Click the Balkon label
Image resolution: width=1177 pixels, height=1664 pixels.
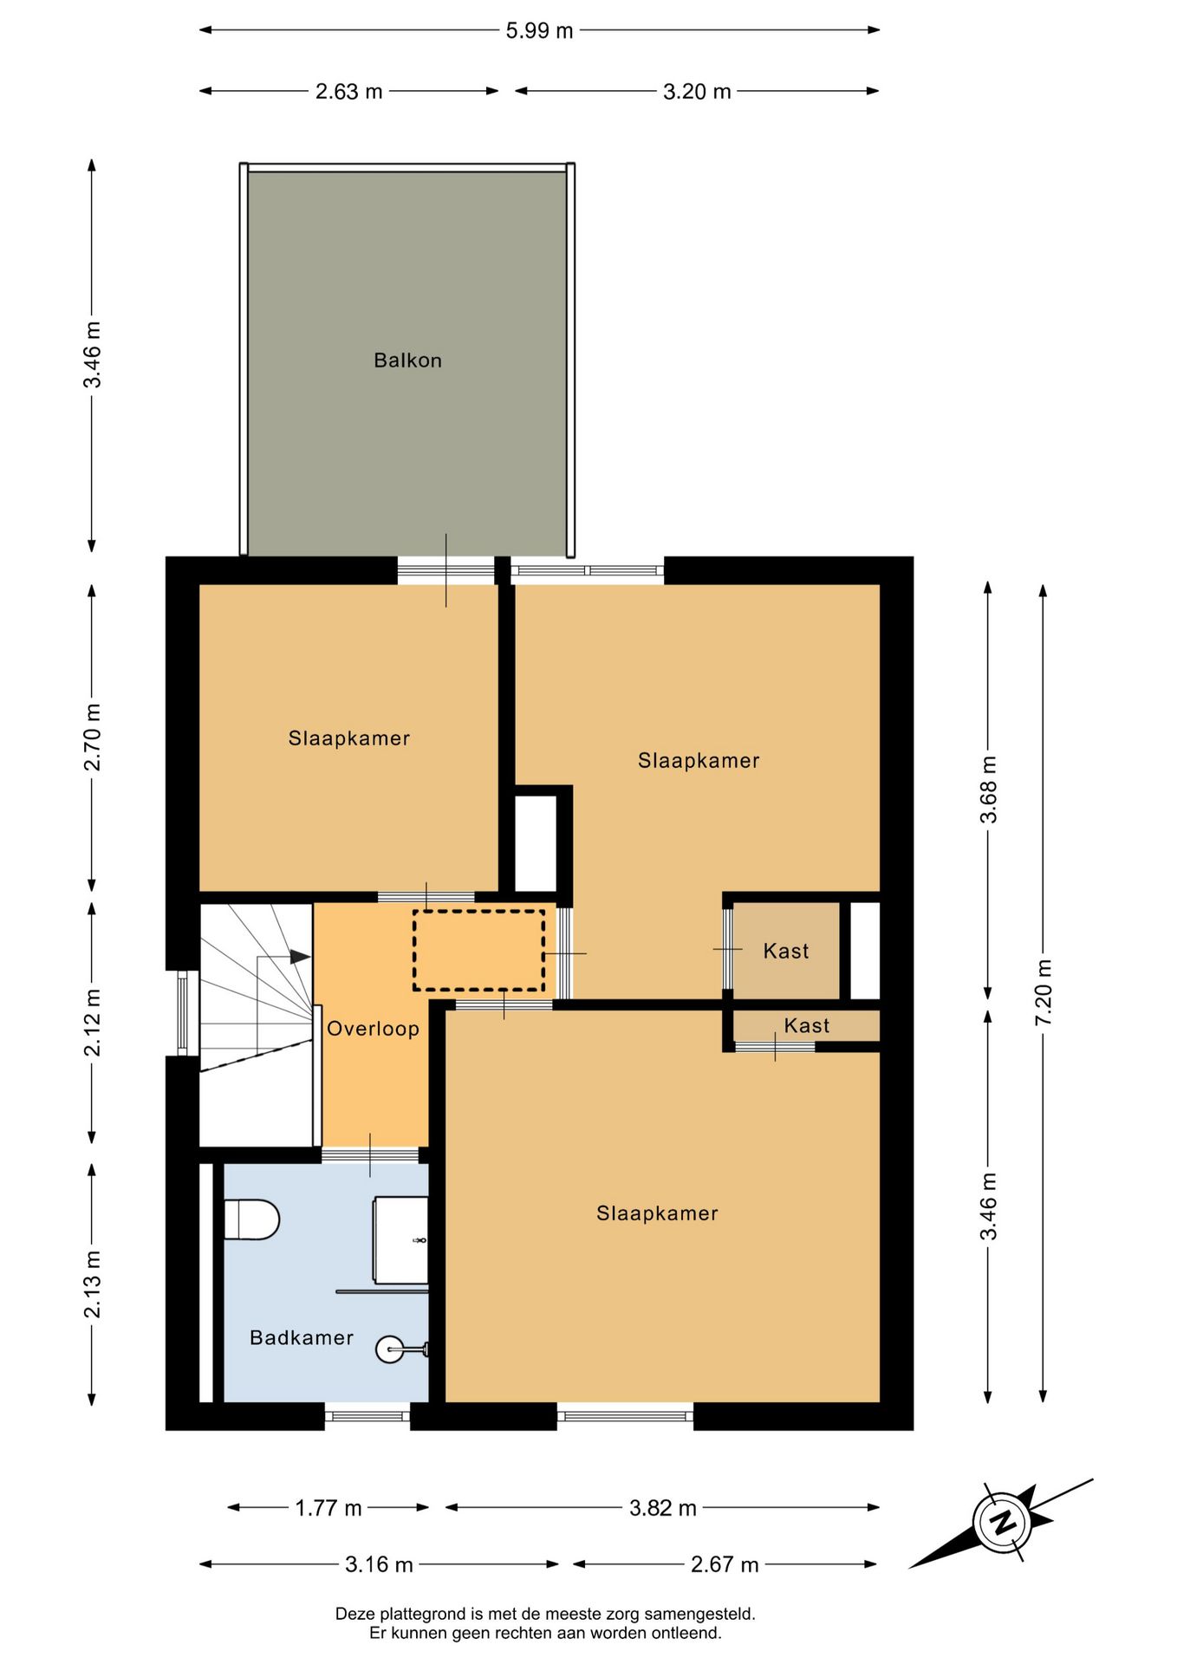tap(407, 361)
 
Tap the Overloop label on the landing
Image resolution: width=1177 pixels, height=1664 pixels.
tap(373, 1029)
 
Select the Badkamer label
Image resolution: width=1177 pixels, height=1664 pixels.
tap(302, 1337)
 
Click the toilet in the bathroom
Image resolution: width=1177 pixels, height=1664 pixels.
tap(251, 1219)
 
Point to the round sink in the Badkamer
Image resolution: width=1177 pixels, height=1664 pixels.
tap(391, 1349)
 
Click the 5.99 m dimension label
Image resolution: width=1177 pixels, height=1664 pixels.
tap(539, 30)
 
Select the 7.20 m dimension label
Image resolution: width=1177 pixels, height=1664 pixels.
tap(1044, 993)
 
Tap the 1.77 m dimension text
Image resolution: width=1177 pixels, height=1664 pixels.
tap(328, 1508)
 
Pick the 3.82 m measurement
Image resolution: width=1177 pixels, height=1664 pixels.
tap(663, 1508)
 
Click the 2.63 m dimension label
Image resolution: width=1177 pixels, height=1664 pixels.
tap(348, 91)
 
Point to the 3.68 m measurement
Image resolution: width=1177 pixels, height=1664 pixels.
tap(988, 790)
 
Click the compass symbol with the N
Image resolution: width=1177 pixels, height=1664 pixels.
tap(1002, 1523)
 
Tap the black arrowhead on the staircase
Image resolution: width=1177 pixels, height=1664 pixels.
tap(300, 957)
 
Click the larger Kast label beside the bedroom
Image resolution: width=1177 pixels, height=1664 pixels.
tap(786, 951)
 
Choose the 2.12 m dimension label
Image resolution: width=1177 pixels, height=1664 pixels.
tap(92, 1023)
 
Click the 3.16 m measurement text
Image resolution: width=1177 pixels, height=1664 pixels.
tap(379, 1564)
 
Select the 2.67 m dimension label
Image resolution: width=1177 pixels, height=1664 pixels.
tap(725, 1564)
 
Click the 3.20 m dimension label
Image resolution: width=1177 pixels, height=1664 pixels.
tap(697, 91)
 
